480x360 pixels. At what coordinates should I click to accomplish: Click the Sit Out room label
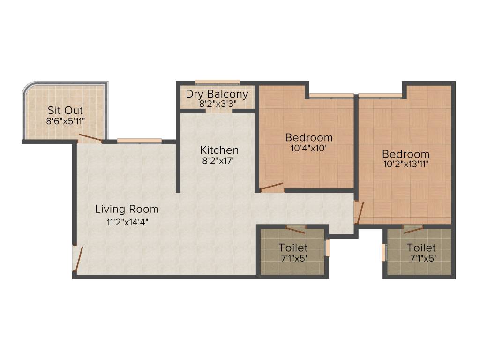point(65,111)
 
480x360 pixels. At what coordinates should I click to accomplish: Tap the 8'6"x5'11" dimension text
point(65,121)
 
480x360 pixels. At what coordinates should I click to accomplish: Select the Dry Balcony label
point(217,94)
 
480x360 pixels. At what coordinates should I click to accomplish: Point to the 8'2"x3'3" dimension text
point(217,104)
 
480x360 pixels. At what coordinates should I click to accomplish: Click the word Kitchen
point(219,150)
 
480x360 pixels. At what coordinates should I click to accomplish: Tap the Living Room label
point(127,209)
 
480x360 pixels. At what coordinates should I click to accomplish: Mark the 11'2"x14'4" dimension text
point(127,222)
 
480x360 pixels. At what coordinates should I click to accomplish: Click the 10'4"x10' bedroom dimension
point(309,148)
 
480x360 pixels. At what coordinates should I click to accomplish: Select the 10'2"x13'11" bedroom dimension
point(405,164)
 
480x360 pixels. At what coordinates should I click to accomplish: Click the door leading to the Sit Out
point(90,138)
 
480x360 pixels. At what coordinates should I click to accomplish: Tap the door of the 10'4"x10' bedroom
point(272,187)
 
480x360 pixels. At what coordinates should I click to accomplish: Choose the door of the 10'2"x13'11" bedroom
point(359,212)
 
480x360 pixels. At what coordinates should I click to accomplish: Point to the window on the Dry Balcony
point(217,82)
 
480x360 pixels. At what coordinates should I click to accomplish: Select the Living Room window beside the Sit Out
point(139,140)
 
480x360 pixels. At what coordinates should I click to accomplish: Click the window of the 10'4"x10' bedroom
point(331,96)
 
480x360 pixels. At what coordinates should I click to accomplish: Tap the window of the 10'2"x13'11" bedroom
point(380,96)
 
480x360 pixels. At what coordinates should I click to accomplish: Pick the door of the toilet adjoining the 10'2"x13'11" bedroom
point(413,228)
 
